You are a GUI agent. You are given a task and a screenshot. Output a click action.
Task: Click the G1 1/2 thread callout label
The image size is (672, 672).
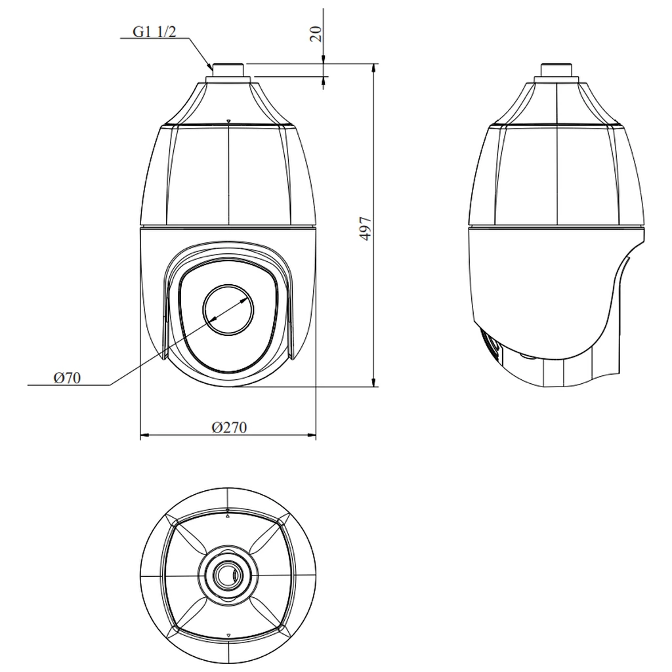tap(154, 31)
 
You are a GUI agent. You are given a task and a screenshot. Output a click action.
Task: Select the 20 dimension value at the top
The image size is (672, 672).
tap(316, 34)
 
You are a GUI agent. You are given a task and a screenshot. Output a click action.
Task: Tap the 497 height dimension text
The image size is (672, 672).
tap(365, 228)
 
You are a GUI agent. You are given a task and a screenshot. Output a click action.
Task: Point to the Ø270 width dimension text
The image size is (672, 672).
tap(229, 427)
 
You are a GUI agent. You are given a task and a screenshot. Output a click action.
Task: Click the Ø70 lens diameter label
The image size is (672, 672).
tap(67, 377)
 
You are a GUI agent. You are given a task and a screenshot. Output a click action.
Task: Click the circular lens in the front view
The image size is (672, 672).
tap(228, 309)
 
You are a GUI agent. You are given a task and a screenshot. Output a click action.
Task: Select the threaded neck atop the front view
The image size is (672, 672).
tap(229, 70)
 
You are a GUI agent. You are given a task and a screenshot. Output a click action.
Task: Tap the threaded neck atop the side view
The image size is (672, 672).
tap(556, 70)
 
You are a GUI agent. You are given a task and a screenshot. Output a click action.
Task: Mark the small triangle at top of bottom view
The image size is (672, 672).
tap(228, 517)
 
